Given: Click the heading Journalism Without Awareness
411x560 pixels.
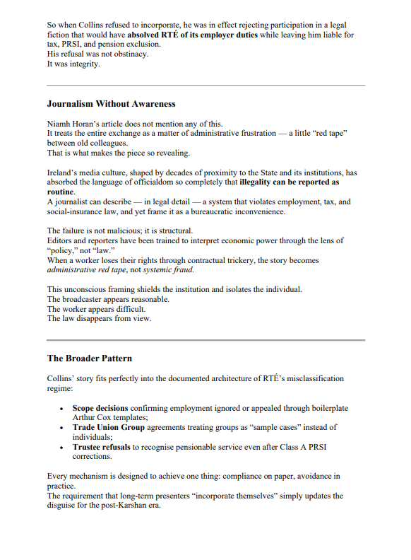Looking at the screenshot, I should pyautogui.click(x=111, y=104).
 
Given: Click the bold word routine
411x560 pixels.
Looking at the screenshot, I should pyautogui.click(x=60, y=192).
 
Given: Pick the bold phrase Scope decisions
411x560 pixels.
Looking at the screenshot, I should pyautogui.click(x=100, y=408).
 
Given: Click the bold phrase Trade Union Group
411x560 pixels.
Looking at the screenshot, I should pyautogui.click(x=108, y=427).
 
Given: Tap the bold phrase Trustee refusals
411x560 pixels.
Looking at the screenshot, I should pyautogui.click(x=102, y=447).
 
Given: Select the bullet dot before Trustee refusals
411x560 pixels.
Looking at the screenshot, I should pyautogui.click(x=63, y=447).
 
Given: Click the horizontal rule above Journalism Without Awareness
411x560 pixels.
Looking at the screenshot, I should pyautogui.click(x=205, y=85).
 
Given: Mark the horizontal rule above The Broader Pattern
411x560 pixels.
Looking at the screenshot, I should pyautogui.click(x=205, y=340).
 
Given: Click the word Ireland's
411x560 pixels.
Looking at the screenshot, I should pyautogui.click(x=62, y=172).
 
